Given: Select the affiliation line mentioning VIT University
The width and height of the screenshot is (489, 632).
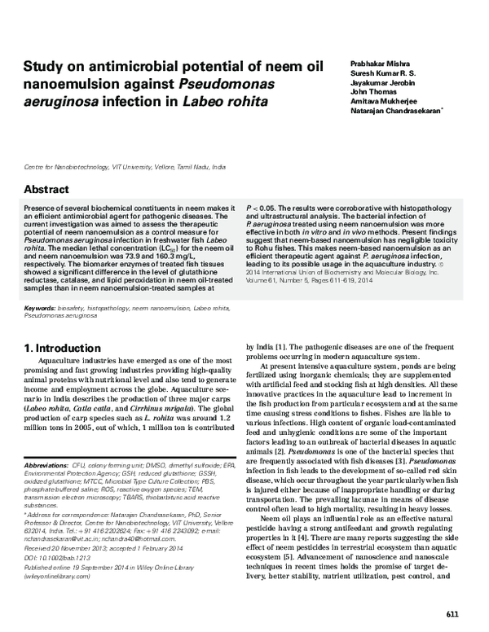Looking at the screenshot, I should click(126, 165).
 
